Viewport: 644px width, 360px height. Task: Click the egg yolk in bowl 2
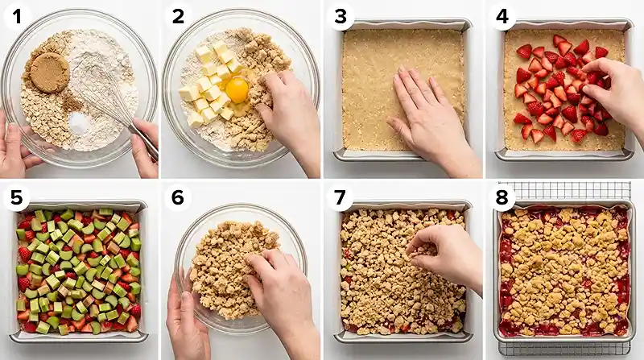[237, 90]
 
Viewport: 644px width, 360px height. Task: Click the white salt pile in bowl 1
[79, 122]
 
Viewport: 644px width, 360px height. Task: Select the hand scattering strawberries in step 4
[616, 93]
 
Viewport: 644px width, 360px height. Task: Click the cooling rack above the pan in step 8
[563, 191]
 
